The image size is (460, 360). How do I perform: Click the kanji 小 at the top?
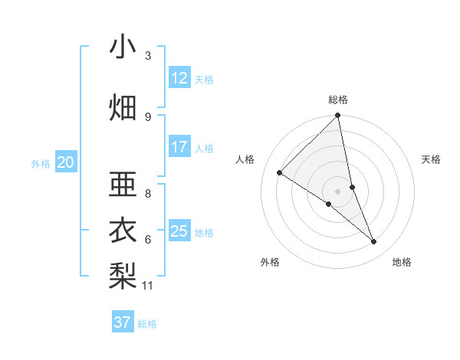coord(123,47)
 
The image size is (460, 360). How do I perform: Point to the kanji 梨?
coord(123,273)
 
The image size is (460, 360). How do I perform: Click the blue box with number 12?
coord(179,78)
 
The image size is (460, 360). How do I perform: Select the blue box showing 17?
coord(179,147)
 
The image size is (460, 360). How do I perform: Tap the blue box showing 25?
coord(179,231)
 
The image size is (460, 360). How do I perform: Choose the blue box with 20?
coord(66,162)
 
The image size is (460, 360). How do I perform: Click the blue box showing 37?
coord(122,322)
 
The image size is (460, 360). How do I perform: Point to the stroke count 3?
coord(148,56)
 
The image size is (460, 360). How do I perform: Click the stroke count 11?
coord(149,286)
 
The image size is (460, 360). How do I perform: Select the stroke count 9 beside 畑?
coord(148,116)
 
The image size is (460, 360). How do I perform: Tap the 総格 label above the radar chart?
coord(338,100)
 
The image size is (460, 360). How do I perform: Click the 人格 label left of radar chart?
coord(245,159)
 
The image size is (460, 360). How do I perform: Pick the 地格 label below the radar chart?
coord(402,262)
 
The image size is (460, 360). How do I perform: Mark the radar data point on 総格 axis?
coord(338,116)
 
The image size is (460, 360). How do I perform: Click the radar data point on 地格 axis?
coord(374,242)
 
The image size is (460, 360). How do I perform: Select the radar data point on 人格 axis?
coord(280,172)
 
